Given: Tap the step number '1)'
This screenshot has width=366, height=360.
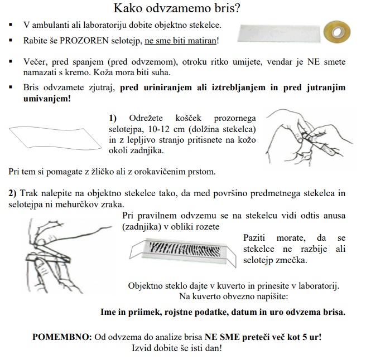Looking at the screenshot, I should coord(113,118).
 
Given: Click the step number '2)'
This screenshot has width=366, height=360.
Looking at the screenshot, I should coord(12,193).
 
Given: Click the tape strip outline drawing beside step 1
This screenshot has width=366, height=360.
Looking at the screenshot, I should coord(51,137).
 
